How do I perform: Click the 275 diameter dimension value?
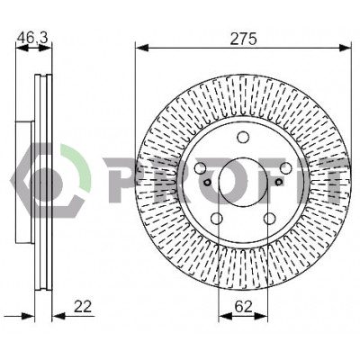243,39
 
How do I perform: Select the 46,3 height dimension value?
32,38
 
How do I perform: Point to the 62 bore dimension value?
243,307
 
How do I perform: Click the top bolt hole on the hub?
243,138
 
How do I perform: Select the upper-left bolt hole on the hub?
201,167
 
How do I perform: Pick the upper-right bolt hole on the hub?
285,167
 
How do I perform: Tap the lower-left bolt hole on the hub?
217,218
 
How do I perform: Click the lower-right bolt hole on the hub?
269,218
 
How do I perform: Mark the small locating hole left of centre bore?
207,182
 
